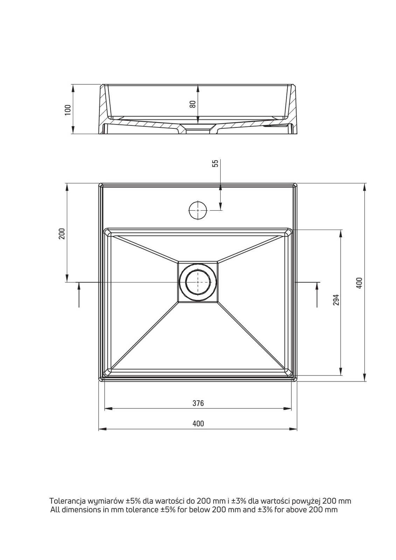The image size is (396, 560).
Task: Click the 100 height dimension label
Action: coord(68,110)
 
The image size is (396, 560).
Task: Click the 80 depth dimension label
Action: coord(192,104)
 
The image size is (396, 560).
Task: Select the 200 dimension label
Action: coord(62,233)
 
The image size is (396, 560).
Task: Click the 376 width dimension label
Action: coord(198,403)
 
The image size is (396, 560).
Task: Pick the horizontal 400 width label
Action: coord(198,423)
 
